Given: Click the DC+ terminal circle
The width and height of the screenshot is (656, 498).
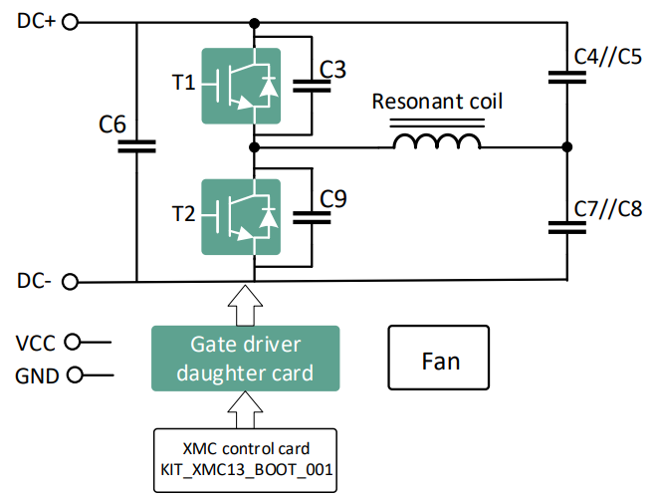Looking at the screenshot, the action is coord(70,22).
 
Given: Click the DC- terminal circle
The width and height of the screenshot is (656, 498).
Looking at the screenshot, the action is coord(70,282).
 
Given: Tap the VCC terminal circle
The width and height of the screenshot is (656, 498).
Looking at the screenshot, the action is coord(73,342).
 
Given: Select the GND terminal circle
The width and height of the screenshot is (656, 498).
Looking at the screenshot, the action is coord(75,374).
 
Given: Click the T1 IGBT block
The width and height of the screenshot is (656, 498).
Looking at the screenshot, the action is coord(241,86).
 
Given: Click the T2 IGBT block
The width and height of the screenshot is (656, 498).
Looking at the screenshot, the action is coord(241,217).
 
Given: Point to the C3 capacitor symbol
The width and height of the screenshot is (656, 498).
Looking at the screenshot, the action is coord(312,86).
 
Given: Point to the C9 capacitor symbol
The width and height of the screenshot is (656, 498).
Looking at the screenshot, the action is coord(312,217).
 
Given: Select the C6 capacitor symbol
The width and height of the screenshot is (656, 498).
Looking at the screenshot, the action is coord(136,146).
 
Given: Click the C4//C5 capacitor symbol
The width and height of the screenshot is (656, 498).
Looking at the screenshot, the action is coord(566,78).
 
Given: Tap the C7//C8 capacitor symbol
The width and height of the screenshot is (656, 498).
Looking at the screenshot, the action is coord(566,227).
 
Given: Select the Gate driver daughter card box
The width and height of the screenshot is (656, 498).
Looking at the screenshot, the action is coord(246,359).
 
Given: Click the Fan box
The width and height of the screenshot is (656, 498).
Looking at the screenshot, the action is coord(438,358).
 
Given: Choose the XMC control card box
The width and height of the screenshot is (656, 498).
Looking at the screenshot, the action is coord(245,460).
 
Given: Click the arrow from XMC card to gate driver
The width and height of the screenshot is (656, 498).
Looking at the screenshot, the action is coord(245,410).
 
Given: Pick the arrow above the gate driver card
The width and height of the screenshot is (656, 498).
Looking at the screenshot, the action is coord(245,306).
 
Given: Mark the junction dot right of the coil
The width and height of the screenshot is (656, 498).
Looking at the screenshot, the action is coord(566,147).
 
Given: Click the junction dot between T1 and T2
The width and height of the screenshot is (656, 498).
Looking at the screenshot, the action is coord(254,147).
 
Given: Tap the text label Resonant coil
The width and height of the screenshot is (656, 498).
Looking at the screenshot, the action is coord(437,102).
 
